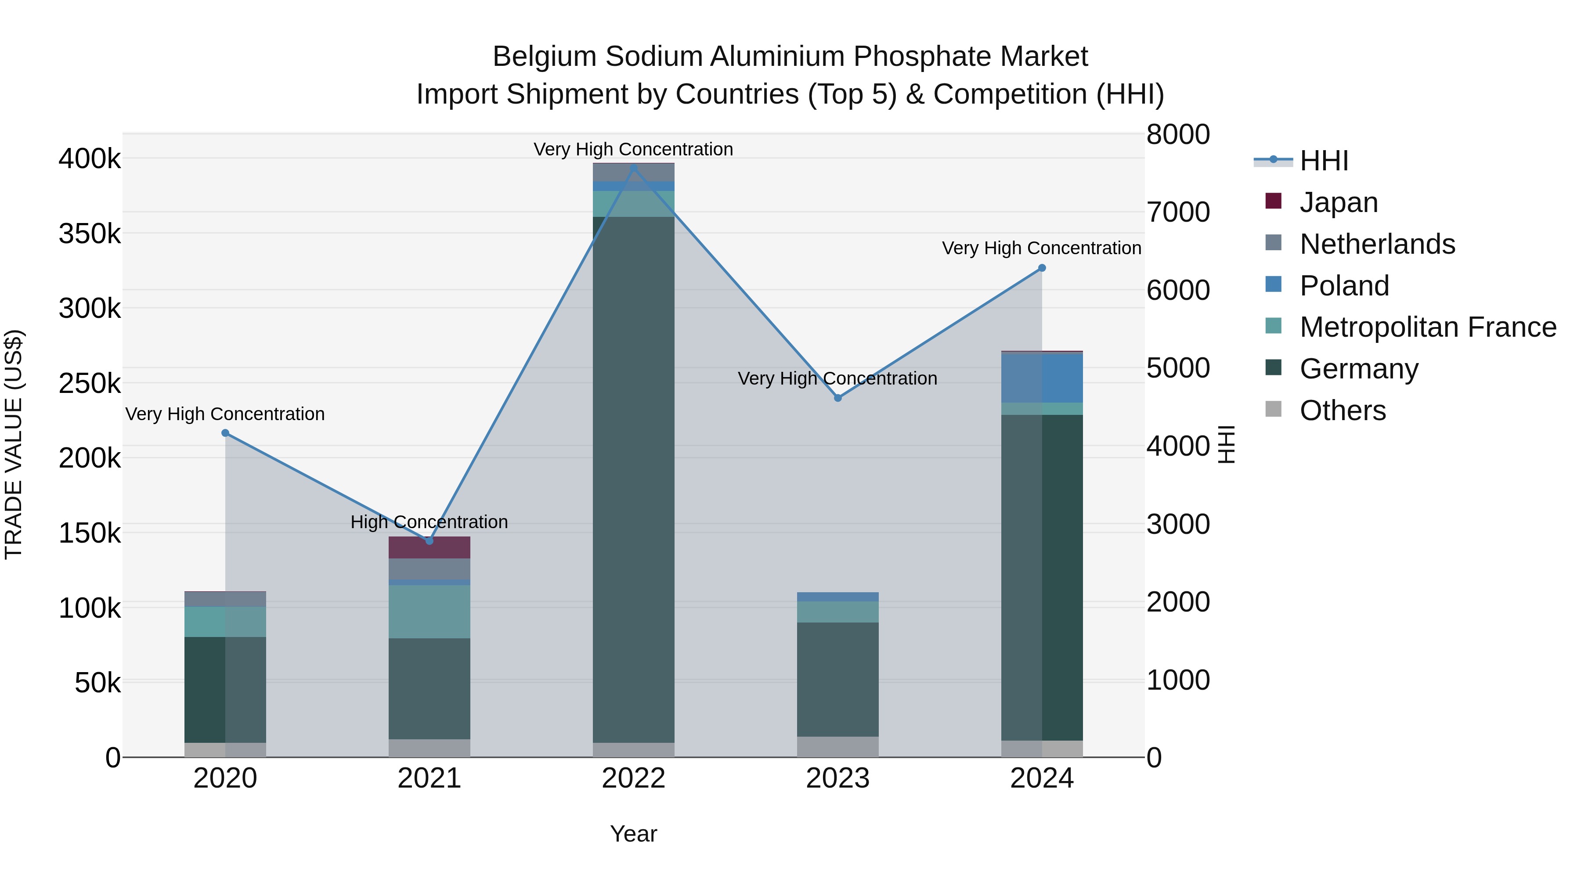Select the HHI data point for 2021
(429, 540)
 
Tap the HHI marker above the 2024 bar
(1042, 268)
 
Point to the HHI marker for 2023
(838, 398)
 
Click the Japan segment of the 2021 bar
(429, 547)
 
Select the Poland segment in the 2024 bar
(1042, 378)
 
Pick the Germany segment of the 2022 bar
(633, 479)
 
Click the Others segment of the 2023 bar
(838, 747)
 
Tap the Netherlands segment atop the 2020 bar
(225, 599)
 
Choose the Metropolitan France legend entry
(1428, 327)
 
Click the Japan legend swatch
(1274, 201)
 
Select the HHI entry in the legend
(1323, 161)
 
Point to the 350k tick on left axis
(90, 234)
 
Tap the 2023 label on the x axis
(838, 778)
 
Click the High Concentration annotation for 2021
(429, 522)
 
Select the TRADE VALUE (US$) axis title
(14, 445)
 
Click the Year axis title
(633, 834)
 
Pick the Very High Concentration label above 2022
(633, 149)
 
